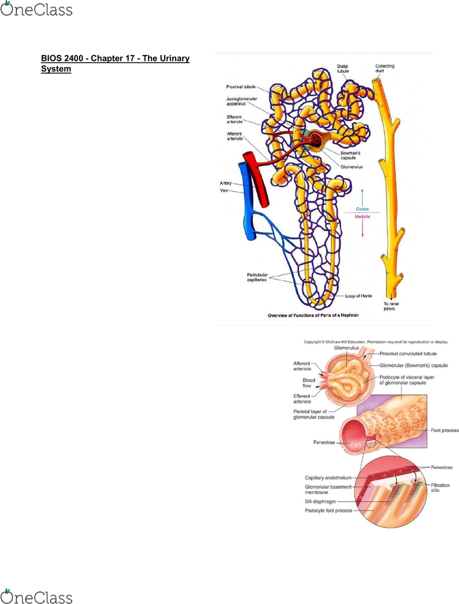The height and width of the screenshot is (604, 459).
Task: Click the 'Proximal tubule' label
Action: (x=241, y=87)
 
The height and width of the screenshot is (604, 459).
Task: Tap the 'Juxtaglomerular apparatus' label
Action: (x=242, y=101)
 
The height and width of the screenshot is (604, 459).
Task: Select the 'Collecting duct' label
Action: (x=385, y=68)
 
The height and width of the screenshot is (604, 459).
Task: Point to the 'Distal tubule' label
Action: (x=342, y=68)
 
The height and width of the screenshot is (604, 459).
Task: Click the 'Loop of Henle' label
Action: (x=358, y=296)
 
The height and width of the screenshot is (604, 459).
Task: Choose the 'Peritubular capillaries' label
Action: (x=257, y=277)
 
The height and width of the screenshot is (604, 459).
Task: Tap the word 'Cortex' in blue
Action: (x=362, y=209)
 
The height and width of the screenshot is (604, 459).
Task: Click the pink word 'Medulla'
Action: (x=362, y=217)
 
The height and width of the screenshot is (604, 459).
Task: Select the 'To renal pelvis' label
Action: (x=391, y=306)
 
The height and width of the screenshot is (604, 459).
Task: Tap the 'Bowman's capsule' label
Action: (x=350, y=155)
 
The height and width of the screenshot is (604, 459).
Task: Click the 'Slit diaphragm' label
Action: (x=320, y=502)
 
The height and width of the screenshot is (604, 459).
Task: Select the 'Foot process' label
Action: (x=445, y=430)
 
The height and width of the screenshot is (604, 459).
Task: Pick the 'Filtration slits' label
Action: (x=440, y=488)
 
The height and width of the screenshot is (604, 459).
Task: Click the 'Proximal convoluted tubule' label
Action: (x=408, y=354)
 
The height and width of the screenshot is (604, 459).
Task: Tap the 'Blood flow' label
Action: (x=309, y=383)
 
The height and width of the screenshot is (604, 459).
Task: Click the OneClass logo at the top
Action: (x=36, y=9)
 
